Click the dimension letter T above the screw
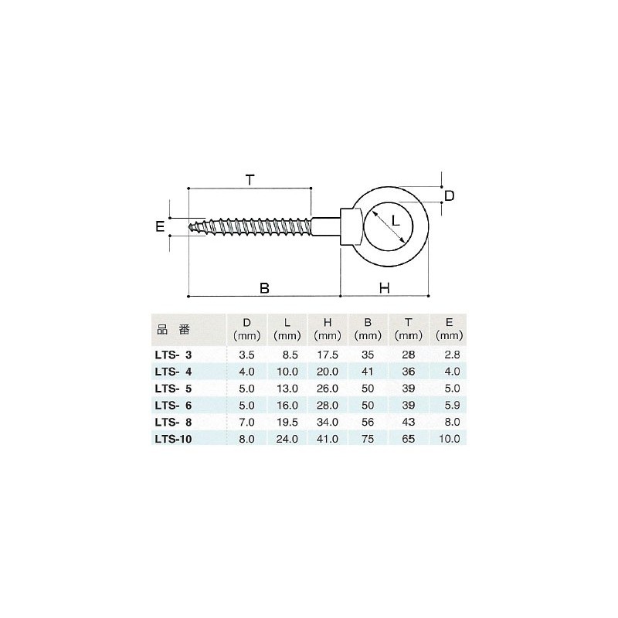click(x=249, y=181)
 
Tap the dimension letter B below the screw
click(x=264, y=288)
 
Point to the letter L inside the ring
click(x=395, y=221)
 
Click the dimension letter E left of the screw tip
click(x=160, y=226)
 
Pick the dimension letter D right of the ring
click(x=449, y=195)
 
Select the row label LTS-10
click(x=174, y=438)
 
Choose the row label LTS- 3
click(x=174, y=356)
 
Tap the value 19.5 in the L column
click(x=287, y=422)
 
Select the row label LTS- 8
click(x=174, y=422)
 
